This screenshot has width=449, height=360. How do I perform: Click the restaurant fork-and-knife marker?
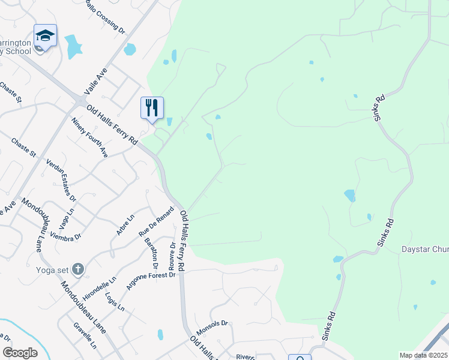click(152, 108)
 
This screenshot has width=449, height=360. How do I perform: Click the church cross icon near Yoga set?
click(77, 268)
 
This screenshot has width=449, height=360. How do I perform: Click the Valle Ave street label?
click(95, 81)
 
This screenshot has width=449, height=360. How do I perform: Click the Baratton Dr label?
click(151, 253)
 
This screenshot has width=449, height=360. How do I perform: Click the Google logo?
click(20, 353)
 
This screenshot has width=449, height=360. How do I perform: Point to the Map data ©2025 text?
click(423, 355)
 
